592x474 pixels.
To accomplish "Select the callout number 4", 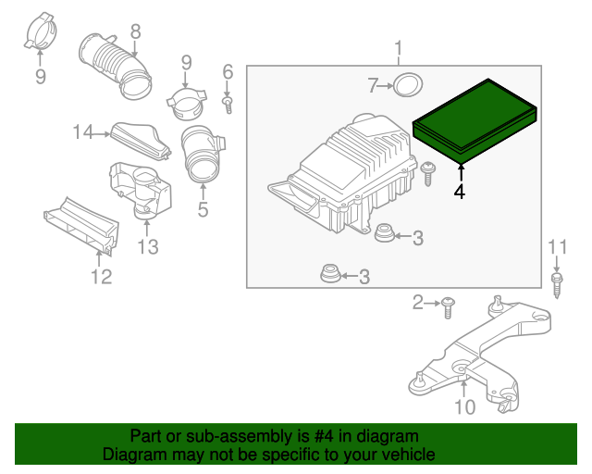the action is (x=460, y=192).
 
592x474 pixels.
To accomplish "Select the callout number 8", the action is (x=135, y=32).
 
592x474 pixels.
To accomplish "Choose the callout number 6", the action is (x=228, y=72).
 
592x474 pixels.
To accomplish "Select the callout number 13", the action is (x=148, y=246).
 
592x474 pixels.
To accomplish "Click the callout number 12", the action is (x=100, y=276).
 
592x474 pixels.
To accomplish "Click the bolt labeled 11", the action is (x=557, y=281).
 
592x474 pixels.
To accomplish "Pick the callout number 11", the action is (x=556, y=246).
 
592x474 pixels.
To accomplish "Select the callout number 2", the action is (x=418, y=302).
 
